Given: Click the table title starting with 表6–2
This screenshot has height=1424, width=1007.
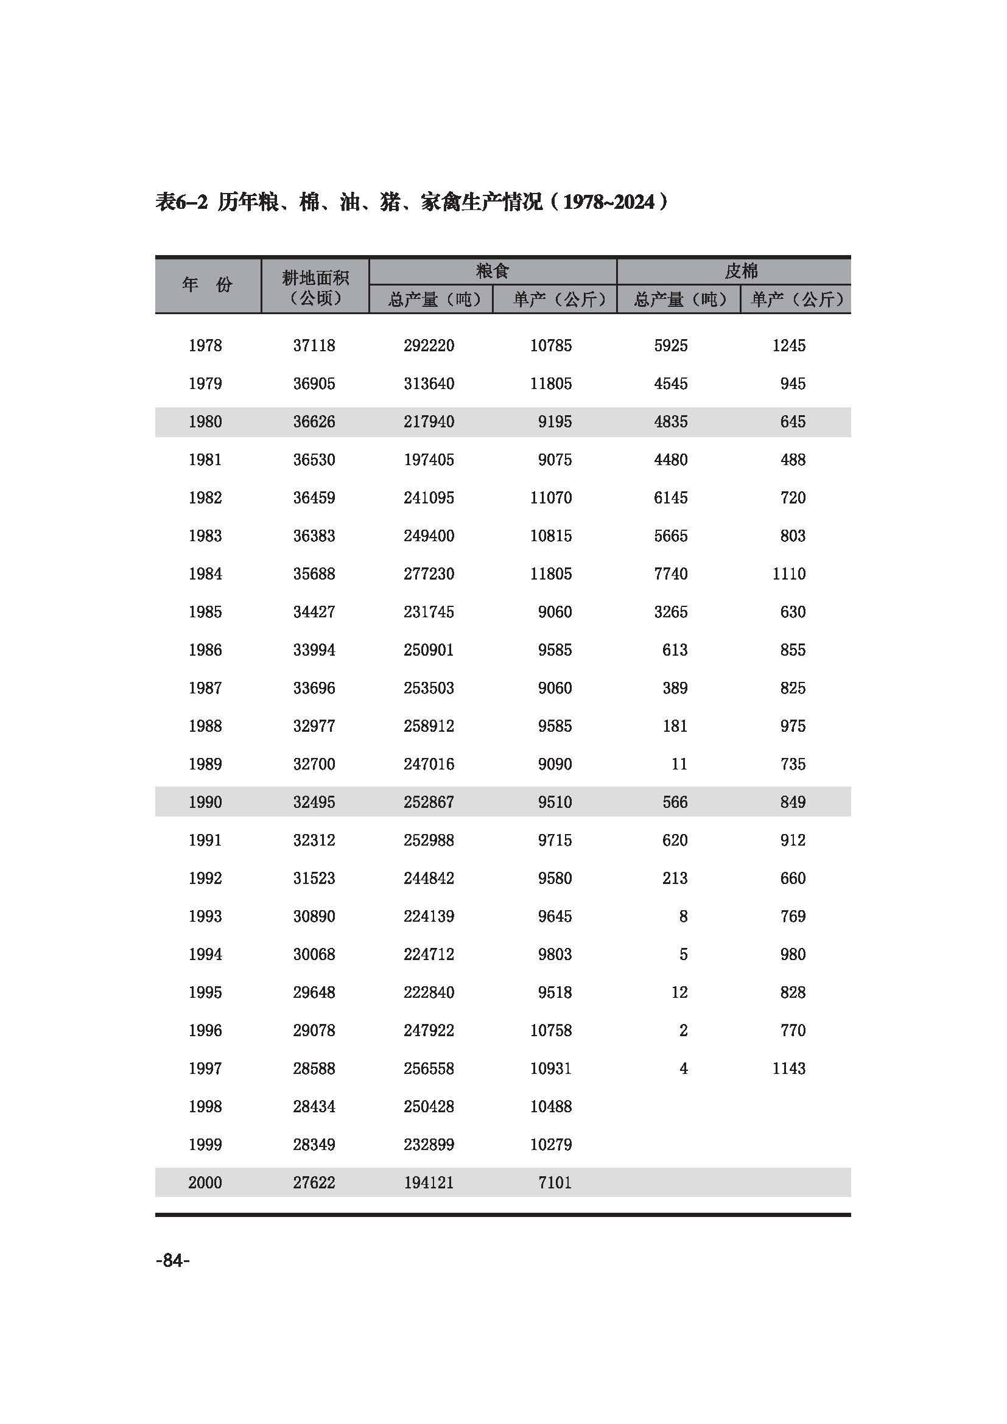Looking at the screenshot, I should click(412, 202).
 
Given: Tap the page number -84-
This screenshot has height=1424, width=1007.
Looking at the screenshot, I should click(173, 1260).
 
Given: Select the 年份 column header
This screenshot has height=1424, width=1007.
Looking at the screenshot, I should click(207, 285).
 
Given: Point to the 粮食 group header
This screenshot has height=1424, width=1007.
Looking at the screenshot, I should click(493, 271).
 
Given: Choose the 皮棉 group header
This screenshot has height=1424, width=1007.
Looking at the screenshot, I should click(741, 271).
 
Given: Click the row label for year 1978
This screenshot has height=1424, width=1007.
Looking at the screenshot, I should click(205, 345).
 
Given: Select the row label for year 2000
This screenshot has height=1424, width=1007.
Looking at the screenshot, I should click(205, 1182).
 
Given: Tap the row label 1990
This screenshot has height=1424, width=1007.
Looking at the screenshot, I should click(205, 802).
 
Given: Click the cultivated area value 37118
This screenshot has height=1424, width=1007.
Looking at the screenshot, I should click(314, 345).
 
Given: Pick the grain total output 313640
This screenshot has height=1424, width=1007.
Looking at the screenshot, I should click(429, 384).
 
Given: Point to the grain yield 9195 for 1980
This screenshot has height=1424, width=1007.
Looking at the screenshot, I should click(555, 422).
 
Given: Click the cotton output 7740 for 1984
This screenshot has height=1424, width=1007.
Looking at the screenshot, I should click(670, 573).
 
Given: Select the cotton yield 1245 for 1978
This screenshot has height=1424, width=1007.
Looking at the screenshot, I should click(788, 345).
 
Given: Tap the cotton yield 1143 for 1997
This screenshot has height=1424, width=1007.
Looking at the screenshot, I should click(788, 1068).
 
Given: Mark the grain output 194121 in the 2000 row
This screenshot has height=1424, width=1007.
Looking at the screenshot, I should click(429, 1182).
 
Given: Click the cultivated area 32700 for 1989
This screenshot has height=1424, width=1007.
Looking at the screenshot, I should click(314, 763).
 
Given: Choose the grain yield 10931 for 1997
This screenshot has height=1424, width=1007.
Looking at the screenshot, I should click(550, 1068).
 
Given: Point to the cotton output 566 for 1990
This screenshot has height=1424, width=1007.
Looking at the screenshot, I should click(675, 802).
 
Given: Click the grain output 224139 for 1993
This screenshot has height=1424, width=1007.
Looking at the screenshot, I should click(429, 916).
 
